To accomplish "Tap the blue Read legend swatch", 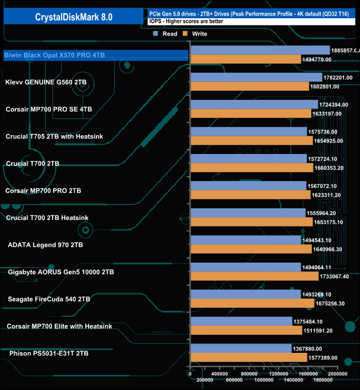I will tap(156, 34).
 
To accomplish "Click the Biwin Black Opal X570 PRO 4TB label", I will tap(54, 55).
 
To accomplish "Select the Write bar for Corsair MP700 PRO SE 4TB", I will tap(250, 114).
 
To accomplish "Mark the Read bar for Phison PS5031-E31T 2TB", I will tap(240, 348).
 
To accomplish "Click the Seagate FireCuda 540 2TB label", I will tap(49, 299).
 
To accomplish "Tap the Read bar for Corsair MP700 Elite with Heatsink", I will tap(241, 321).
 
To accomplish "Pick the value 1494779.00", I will tap(320, 59).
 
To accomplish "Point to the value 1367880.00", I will tap(311, 348).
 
